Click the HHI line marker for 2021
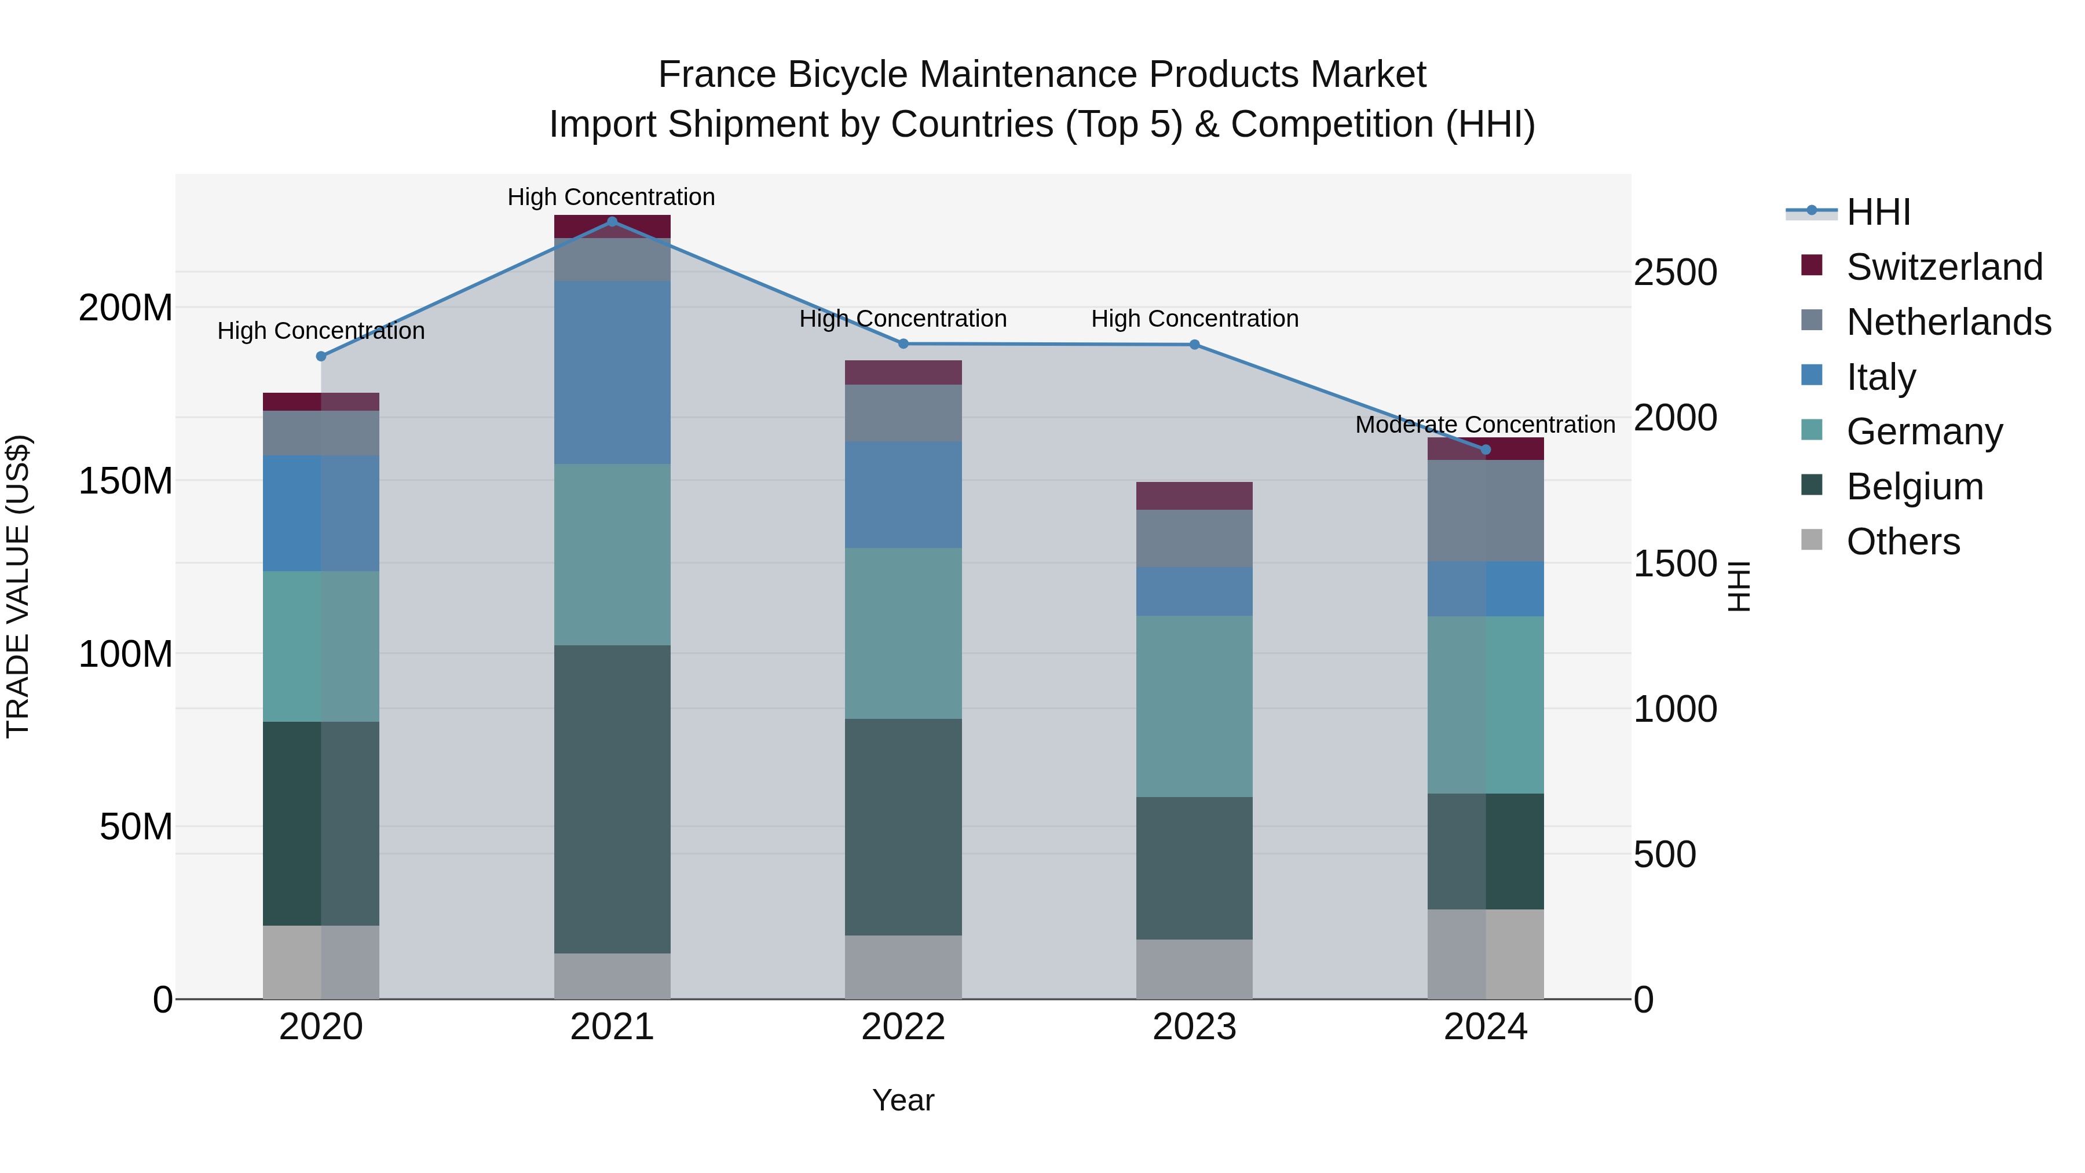pos(612,222)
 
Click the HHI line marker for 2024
pos(1485,450)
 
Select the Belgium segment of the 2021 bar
pos(612,799)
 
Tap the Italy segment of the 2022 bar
pos(904,495)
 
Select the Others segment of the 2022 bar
pos(904,967)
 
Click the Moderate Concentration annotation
pos(1485,425)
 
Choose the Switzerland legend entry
pos(1944,267)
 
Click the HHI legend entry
pos(1878,212)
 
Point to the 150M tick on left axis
pos(126,481)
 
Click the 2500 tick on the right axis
pos(1674,272)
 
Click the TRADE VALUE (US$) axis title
pos(18,586)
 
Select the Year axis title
pos(904,1100)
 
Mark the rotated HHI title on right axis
pos(1738,586)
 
